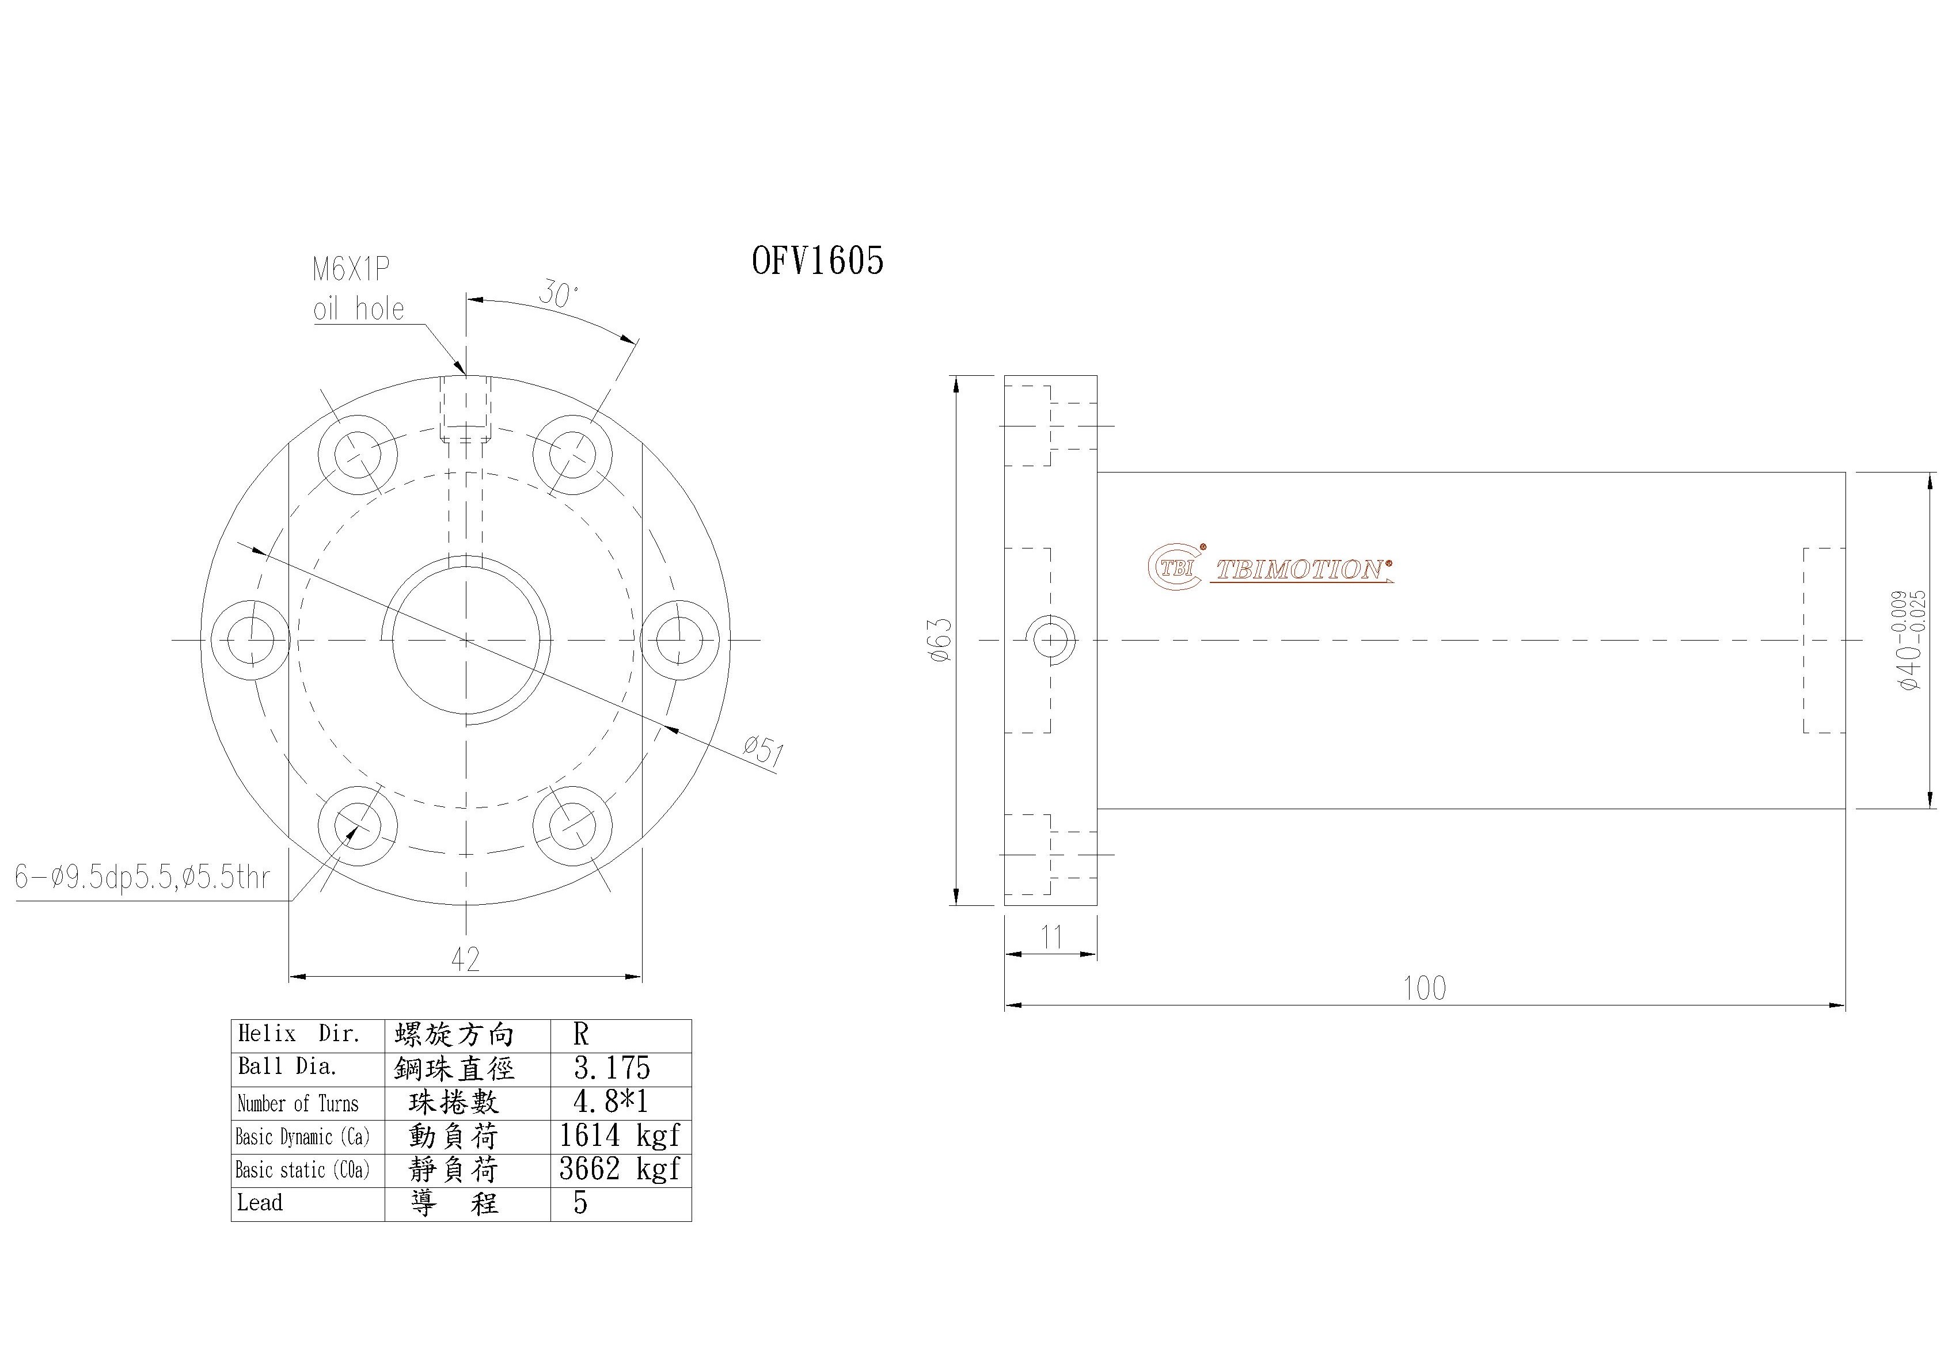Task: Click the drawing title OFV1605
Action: (x=817, y=261)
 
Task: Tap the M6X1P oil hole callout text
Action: (x=358, y=289)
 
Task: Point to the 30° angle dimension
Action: (x=558, y=295)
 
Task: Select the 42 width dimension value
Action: (x=465, y=959)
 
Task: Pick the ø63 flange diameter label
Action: (x=941, y=640)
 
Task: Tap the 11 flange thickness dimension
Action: (x=1051, y=938)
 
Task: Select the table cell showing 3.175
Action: (x=612, y=1068)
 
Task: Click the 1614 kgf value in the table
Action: (x=619, y=1136)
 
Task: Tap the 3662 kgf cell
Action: (x=619, y=1169)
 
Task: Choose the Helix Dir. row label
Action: (x=299, y=1034)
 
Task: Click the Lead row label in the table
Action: (x=260, y=1203)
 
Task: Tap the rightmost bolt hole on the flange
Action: (x=680, y=639)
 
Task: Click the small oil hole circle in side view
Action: (x=1051, y=639)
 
